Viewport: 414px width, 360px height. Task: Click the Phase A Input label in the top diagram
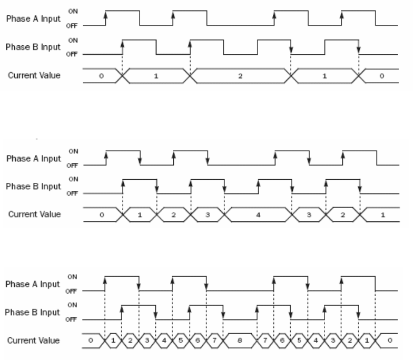(33, 18)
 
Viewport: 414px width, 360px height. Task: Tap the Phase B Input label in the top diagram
(33, 47)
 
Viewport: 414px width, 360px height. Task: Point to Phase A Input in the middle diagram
(33, 159)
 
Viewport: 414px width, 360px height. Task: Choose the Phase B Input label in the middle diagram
(33, 187)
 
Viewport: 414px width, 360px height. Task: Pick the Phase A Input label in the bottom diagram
(33, 284)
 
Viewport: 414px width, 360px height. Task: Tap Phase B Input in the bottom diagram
(33, 312)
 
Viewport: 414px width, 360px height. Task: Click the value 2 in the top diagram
(240, 76)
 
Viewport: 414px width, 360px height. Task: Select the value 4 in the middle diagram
(258, 216)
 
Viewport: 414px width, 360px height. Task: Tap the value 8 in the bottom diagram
(240, 341)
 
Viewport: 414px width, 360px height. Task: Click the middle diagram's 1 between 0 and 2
(140, 216)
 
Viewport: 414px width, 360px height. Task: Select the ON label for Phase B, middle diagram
(73, 179)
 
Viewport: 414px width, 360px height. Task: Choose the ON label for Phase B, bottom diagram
(73, 305)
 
